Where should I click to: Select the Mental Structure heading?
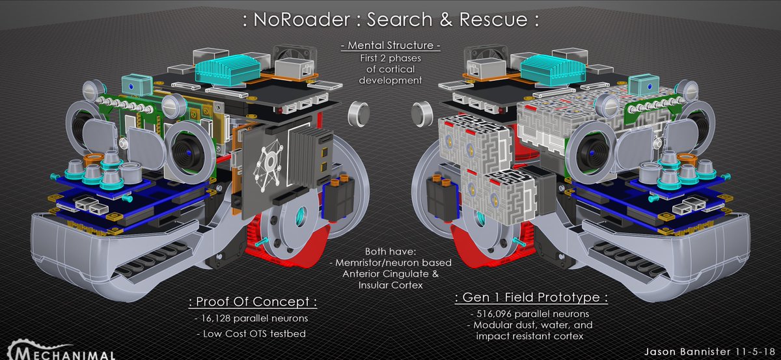click(390, 46)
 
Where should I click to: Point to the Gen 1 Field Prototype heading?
click(530, 298)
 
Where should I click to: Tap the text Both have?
click(389, 251)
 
